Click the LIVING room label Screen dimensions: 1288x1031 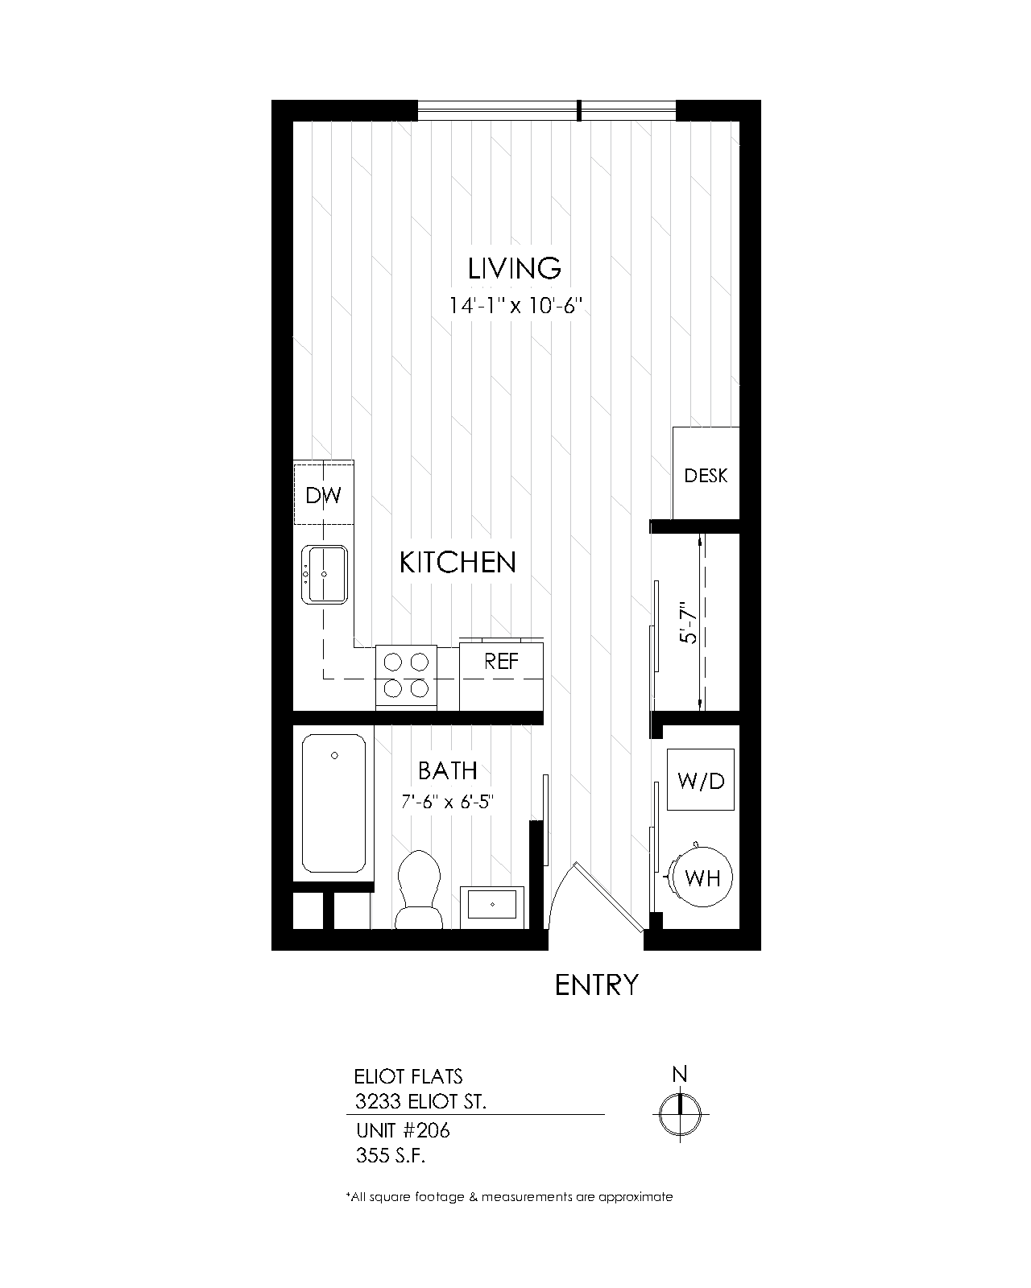point(514,268)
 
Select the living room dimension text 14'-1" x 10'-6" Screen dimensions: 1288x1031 point(515,306)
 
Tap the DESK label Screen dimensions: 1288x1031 point(706,476)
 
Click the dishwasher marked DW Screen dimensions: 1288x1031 point(324,495)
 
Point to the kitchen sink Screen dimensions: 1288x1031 point(325,574)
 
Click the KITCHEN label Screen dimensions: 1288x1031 point(458,562)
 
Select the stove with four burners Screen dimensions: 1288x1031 point(406,675)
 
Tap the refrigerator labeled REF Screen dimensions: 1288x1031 point(501,662)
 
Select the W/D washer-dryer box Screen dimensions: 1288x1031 point(702,780)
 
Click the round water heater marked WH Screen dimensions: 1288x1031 point(702,877)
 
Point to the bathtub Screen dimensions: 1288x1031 point(333,803)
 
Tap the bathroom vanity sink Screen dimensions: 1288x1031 point(492,906)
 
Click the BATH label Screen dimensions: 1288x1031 point(448,770)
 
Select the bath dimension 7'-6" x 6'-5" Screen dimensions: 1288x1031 point(447,802)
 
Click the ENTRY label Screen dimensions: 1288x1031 point(597,985)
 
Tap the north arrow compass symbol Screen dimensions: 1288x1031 point(681,1114)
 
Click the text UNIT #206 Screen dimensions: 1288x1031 point(402,1130)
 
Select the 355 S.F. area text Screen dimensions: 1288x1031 point(390,1156)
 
